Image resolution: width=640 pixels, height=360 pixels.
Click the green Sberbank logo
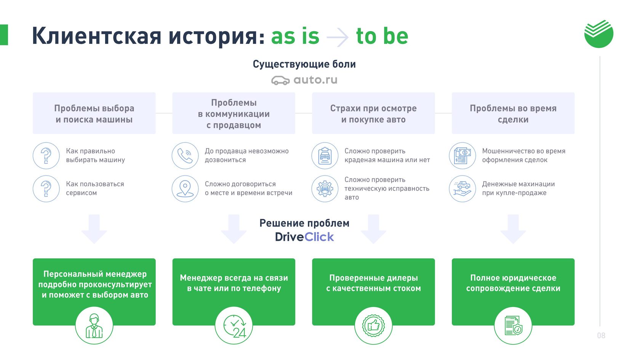(x=598, y=34)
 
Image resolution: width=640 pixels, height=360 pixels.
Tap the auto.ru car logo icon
(x=280, y=81)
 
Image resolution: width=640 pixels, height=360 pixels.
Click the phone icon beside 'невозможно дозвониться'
(x=185, y=156)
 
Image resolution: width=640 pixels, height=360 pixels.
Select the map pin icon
(x=185, y=189)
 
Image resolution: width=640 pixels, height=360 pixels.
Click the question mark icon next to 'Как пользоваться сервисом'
(x=46, y=189)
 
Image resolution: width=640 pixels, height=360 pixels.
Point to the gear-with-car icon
(x=325, y=189)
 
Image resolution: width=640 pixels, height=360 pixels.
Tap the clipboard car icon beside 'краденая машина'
(x=325, y=156)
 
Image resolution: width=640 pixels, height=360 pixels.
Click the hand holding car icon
(x=462, y=189)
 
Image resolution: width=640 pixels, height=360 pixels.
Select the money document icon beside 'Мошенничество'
(x=462, y=156)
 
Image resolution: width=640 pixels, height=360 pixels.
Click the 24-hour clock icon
(x=234, y=326)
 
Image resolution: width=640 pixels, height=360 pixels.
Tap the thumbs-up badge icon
(x=373, y=326)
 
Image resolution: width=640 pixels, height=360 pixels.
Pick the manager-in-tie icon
(x=94, y=326)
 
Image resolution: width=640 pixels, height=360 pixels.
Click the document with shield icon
(x=513, y=326)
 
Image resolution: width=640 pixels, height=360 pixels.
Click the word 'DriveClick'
(x=304, y=237)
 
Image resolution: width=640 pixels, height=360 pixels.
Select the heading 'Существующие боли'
(x=304, y=64)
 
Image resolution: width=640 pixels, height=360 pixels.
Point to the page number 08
(x=601, y=335)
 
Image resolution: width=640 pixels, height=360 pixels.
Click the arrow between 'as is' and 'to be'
(x=338, y=37)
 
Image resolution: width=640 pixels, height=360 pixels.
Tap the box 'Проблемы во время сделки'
(x=513, y=113)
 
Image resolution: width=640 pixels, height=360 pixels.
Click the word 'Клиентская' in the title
(x=97, y=36)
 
